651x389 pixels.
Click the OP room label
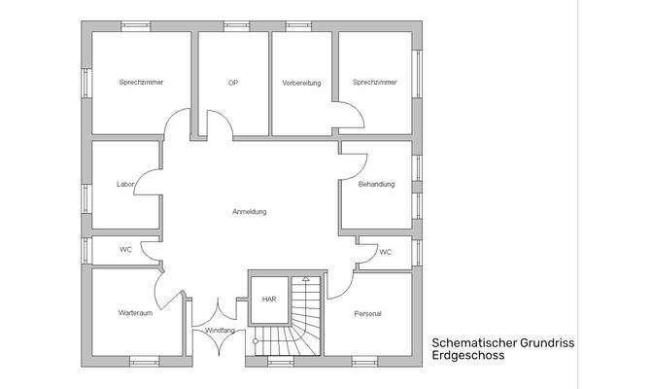point(233,83)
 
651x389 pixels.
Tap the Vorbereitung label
point(301,83)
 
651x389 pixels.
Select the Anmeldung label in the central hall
point(250,211)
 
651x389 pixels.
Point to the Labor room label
point(124,184)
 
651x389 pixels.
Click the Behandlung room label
point(377,184)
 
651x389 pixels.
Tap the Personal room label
point(368,314)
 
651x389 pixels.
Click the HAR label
point(269,300)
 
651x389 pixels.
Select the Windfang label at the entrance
point(220,331)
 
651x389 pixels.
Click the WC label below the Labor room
point(125,250)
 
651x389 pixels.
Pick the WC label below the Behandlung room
point(386,252)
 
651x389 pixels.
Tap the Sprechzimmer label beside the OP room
point(141,83)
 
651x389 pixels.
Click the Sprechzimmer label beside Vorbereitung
point(375,83)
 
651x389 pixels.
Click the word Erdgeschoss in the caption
point(469,356)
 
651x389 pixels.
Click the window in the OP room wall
point(234,25)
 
